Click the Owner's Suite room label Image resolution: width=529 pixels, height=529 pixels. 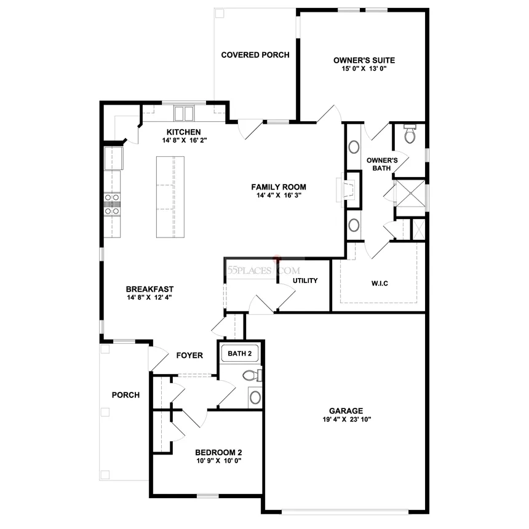pyautogui.click(x=364, y=60)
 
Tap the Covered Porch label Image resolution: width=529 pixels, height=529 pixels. pyautogui.click(x=255, y=55)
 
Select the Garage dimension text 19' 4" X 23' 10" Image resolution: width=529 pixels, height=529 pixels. pyautogui.click(x=346, y=420)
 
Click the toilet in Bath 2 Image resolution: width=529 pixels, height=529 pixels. pyautogui.click(x=252, y=375)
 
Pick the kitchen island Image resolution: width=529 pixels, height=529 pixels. pyautogui.click(x=170, y=197)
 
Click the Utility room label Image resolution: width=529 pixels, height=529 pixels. pyautogui.click(x=305, y=280)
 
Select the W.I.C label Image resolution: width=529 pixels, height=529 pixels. pyautogui.click(x=380, y=284)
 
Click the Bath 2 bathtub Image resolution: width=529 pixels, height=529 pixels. pyautogui.click(x=239, y=354)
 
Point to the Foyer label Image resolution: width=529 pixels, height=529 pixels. pyautogui.click(x=189, y=356)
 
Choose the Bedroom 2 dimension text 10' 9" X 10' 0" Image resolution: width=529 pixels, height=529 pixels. pyautogui.click(x=219, y=461)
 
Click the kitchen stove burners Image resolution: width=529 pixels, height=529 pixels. pyautogui.click(x=112, y=204)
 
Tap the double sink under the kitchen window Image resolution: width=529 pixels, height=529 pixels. pyautogui.click(x=184, y=113)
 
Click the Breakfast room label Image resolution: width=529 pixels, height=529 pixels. pyautogui.click(x=149, y=289)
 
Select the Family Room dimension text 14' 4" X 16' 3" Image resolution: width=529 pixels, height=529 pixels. pyautogui.click(x=279, y=195)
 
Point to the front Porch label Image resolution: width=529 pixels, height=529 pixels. pyautogui.click(x=125, y=395)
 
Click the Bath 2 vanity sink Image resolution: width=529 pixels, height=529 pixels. pyautogui.click(x=255, y=397)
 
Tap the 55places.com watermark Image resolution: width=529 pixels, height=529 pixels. pyautogui.click(x=263, y=270)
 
